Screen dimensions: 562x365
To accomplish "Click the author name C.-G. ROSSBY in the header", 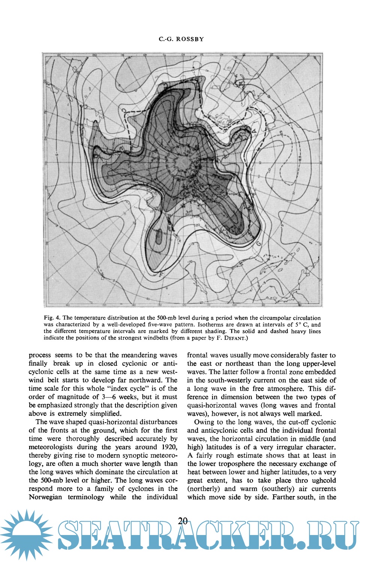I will [x=181, y=39].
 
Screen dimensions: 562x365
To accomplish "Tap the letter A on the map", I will [x=254, y=131].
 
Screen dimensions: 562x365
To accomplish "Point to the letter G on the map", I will [x=259, y=244].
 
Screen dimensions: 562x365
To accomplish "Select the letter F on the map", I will [x=161, y=275].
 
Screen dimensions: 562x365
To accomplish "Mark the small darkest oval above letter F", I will [x=159, y=237].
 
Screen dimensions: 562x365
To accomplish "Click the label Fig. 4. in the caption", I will [x=52, y=318].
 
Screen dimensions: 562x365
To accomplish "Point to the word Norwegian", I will [x=45, y=497].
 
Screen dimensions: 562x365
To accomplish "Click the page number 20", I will [x=183, y=521].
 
